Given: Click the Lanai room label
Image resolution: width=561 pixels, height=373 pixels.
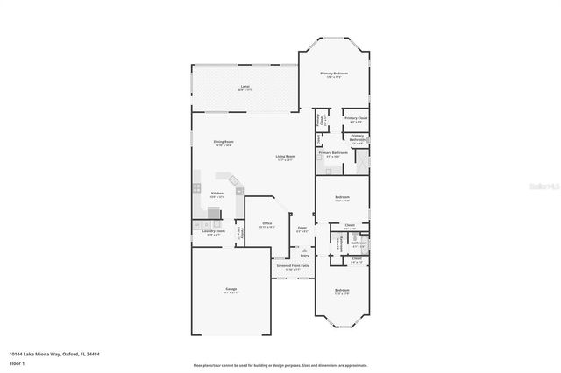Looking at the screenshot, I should pyautogui.click(x=245, y=87).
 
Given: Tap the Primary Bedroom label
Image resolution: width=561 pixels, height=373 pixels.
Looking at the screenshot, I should pyautogui.click(x=334, y=74).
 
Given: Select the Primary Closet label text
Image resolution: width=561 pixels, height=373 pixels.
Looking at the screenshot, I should pyautogui.click(x=355, y=118).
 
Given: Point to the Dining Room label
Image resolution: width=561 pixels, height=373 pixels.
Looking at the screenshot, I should pyautogui.click(x=224, y=143).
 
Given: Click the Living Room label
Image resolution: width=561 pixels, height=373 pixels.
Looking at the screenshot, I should pyautogui.click(x=286, y=158).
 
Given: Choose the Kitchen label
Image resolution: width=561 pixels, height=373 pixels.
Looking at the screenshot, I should pyautogui.click(x=217, y=194).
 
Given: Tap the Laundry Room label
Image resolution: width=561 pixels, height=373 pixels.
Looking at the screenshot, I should pyautogui.click(x=215, y=232).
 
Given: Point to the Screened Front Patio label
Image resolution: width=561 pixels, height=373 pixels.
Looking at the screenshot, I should pyautogui.click(x=292, y=266).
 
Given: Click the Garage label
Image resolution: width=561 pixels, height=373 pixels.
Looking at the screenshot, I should pyautogui.click(x=231, y=290).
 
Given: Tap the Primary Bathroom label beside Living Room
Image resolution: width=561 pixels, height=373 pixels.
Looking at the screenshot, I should pyautogui.click(x=333, y=154).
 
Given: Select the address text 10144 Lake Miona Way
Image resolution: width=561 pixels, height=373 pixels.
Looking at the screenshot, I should pyautogui.click(x=43, y=354).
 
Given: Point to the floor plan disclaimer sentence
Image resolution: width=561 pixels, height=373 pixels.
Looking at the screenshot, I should pyautogui.click(x=280, y=364).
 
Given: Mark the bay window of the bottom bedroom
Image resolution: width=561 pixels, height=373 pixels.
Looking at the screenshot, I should pyautogui.click(x=341, y=323).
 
